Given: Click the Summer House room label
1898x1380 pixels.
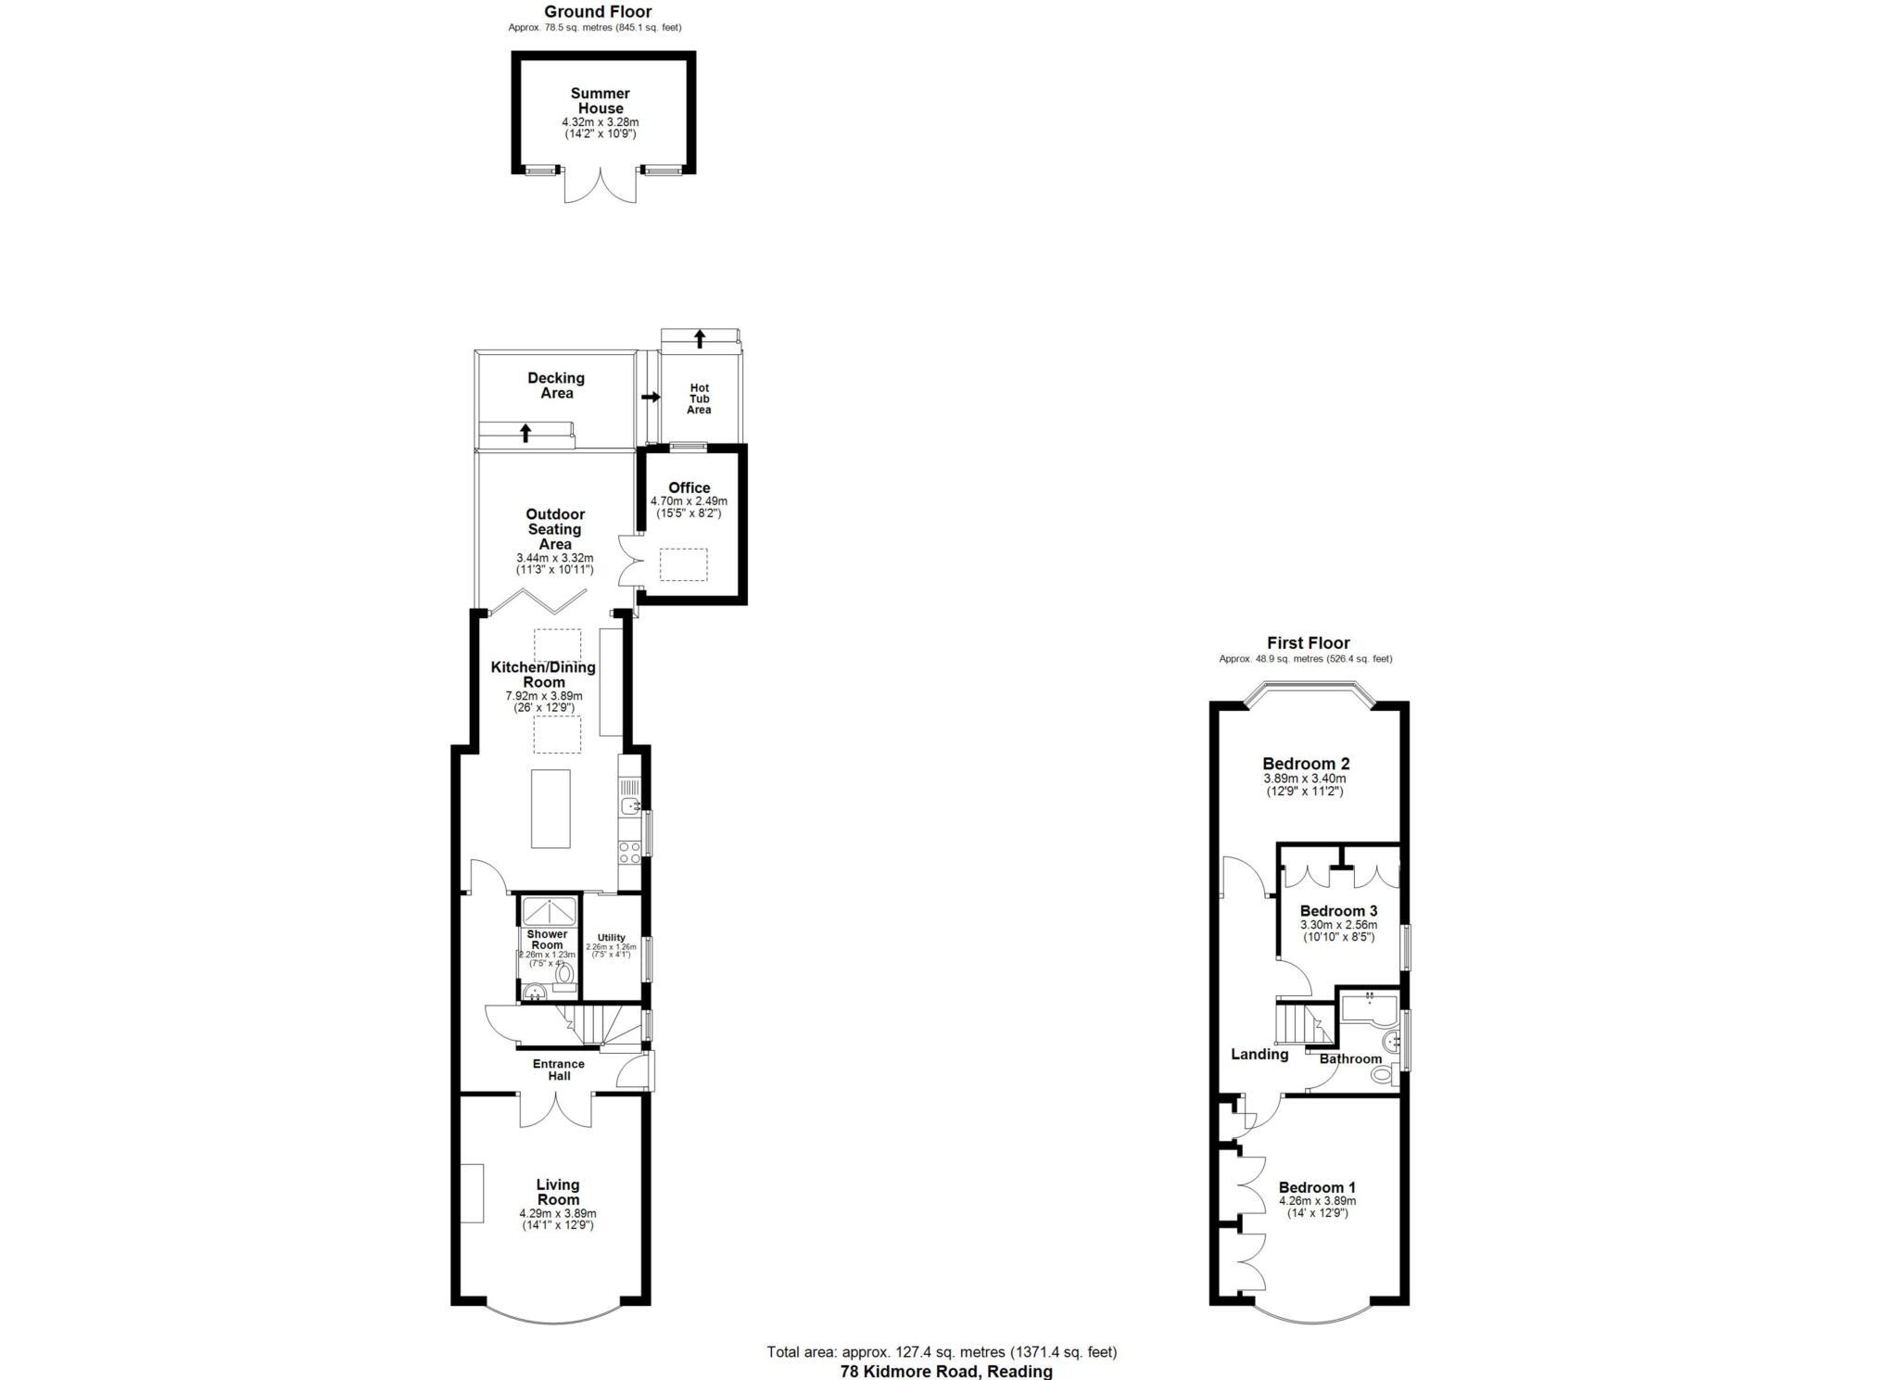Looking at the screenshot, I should point(600,101).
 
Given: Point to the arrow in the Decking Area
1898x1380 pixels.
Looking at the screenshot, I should point(525,432).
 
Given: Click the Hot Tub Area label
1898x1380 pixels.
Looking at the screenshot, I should point(699,399).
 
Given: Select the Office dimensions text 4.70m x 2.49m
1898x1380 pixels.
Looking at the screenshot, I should point(689,500).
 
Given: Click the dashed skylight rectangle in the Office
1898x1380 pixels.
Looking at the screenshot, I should point(683,564).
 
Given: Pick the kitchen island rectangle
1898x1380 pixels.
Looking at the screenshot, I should point(550,808).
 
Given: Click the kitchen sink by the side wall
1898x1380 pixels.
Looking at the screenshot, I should point(630,804).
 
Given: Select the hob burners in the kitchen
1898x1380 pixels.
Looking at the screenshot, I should point(629,852).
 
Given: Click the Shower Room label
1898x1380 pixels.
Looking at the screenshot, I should point(547,940).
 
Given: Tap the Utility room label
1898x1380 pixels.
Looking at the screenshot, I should point(612,937).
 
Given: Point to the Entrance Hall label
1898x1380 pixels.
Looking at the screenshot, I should point(559,1070).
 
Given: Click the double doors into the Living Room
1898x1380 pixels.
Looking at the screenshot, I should point(556,1109).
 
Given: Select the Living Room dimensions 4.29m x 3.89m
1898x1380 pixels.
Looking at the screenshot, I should point(558,1213).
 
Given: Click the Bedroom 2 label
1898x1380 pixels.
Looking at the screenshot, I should point(1305,764).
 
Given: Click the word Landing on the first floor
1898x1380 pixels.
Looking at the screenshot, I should point(1259,1054).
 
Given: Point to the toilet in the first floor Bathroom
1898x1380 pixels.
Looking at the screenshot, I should point(1383,1075).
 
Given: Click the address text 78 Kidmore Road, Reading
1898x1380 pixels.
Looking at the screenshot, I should point(945,1371).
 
